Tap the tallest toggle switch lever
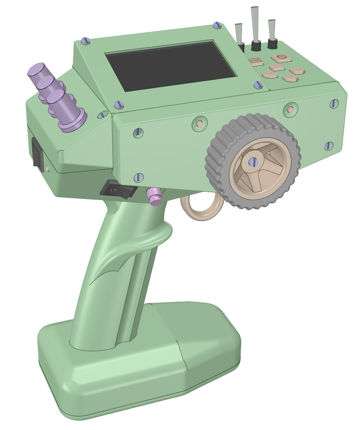(255, 23)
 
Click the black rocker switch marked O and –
(118, 190)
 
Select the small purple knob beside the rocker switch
(154, 197)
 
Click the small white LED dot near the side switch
(48, 170)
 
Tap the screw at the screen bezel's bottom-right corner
(258, 85)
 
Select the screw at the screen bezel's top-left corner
(86, 41)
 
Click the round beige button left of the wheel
(200, 124)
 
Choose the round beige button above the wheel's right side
(290, 110)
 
